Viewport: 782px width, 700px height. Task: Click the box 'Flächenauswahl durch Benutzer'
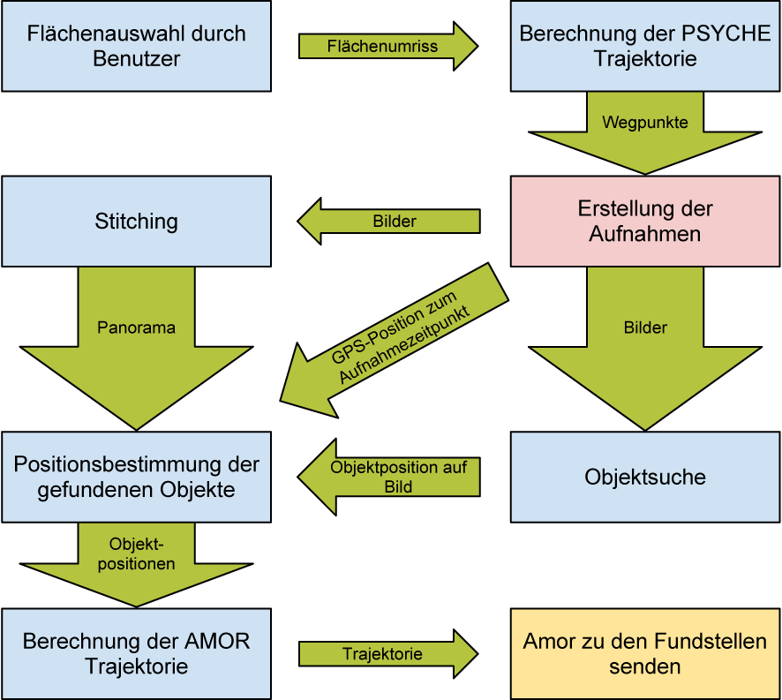[136, 46]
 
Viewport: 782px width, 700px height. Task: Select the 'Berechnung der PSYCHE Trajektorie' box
[645, 46]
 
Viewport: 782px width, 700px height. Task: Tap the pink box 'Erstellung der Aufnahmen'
[645, 222]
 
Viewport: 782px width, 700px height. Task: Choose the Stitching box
[136, 221]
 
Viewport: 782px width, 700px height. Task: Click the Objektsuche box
[645, 477]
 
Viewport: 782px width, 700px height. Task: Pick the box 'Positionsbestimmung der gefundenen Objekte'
[136, 477]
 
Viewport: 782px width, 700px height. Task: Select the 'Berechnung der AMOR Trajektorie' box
[136, 653]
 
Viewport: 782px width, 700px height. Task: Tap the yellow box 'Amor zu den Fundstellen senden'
[645, 653]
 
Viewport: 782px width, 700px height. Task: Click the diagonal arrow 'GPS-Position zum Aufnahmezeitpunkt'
[397, 340]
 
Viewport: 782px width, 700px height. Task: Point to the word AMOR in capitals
[220, 642]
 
